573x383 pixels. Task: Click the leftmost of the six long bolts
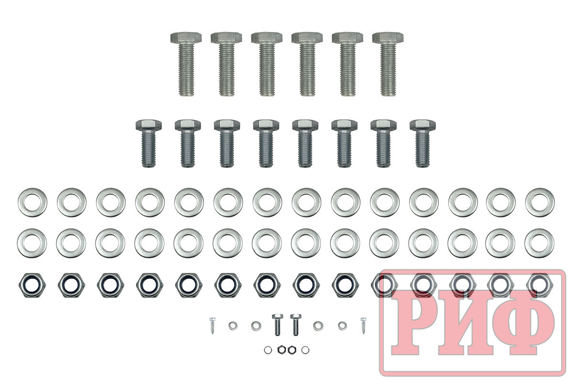click(186, 64)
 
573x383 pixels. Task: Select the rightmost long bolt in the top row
click(388, 64)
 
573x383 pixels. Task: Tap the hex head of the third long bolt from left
click(266, 38)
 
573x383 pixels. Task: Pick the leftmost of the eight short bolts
click(149, 143)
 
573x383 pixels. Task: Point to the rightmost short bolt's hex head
click(423, 125)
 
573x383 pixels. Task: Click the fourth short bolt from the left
click(266, 143)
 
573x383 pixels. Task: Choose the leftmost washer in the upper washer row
click(32, 202)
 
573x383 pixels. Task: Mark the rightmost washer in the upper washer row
click(540, 202)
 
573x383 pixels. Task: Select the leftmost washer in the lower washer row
click(32, 243)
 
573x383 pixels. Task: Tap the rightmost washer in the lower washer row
click(539, 243)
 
